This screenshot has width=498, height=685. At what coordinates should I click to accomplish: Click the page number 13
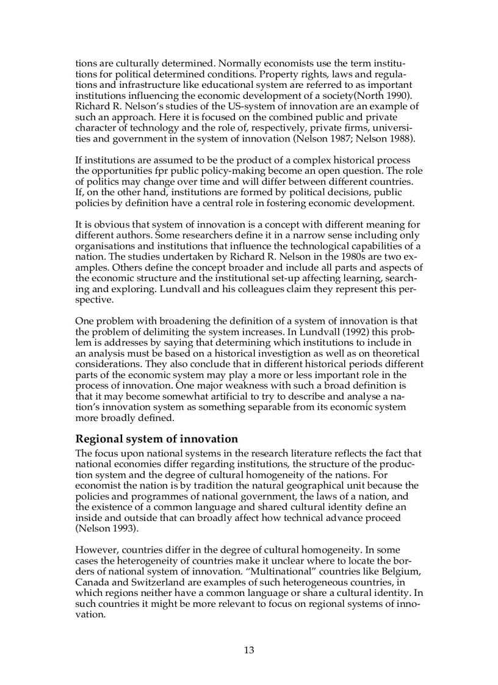(x=249, y=650)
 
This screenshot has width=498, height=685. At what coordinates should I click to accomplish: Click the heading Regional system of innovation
(x=156, y=439)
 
